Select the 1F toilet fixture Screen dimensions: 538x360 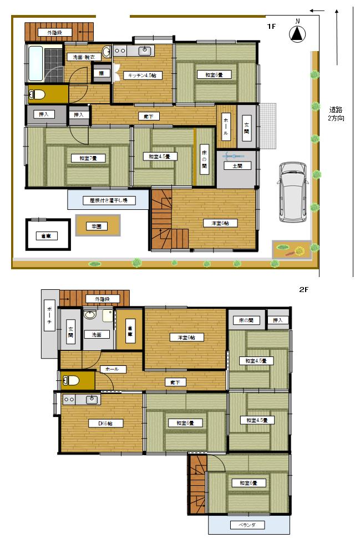tap(37, 94)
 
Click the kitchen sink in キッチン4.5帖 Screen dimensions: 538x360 tap(145, 51)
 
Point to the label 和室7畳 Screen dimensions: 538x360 tap(84, 158)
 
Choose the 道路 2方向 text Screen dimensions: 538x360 tap(336, 113)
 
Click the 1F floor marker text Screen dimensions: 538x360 tap(271, 26)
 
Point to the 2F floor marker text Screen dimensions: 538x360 tap(303, 290)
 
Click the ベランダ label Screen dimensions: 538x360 tap(240, 525)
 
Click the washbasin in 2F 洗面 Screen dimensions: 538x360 tap(90, 316)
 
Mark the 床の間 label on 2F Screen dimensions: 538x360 tap(246, 320)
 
